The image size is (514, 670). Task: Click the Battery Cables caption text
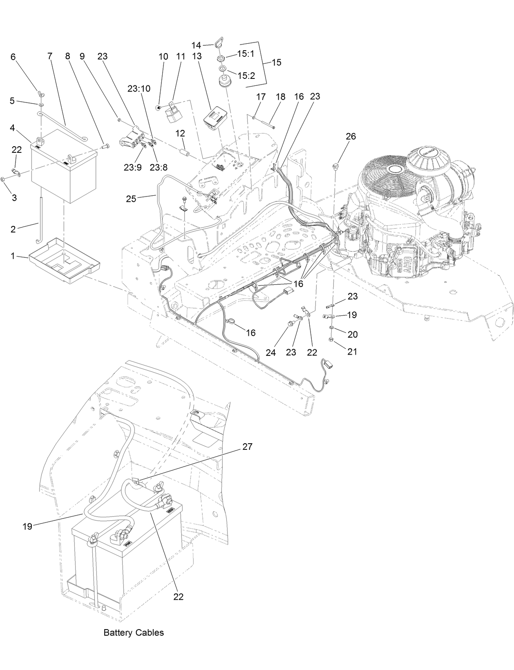click(x=134, y=633)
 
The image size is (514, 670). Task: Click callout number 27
click(x=247, y=447)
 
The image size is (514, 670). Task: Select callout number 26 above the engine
click(x=351, y=136)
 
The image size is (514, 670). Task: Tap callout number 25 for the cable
click(x=131, y=199)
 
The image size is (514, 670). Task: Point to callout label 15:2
click(x=246, y=76)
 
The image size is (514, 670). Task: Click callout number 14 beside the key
click(x=197, y=46)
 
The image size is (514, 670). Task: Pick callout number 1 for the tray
click(x=13, y=256)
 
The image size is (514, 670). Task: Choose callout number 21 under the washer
click(x=352, y=351)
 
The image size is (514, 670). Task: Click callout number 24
click(x=271, y=352)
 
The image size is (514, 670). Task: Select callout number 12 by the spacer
click(x=180, y=133)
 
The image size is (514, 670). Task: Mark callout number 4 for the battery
click(x=13, y=128)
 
